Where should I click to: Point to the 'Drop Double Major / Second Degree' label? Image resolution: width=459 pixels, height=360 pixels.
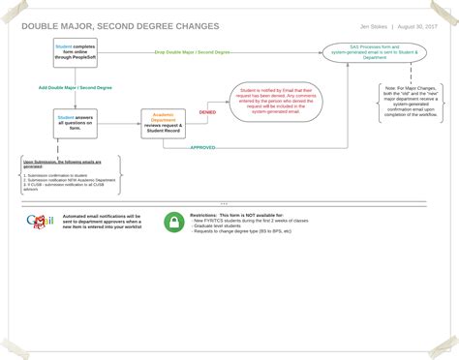(x=192, y=51)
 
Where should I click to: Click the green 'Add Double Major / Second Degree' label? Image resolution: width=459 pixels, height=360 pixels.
(x=75, y=88)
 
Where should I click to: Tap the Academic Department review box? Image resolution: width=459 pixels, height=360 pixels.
(x=164, y=121)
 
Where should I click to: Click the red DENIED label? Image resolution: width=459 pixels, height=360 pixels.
(x=207, y=111)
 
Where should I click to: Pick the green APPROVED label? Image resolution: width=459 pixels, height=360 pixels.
(x=202, y=148)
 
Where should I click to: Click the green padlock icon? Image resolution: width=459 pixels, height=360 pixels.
(x=173, y=223)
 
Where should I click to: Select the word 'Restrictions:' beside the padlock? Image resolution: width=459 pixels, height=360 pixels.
(x=204, y=215)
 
